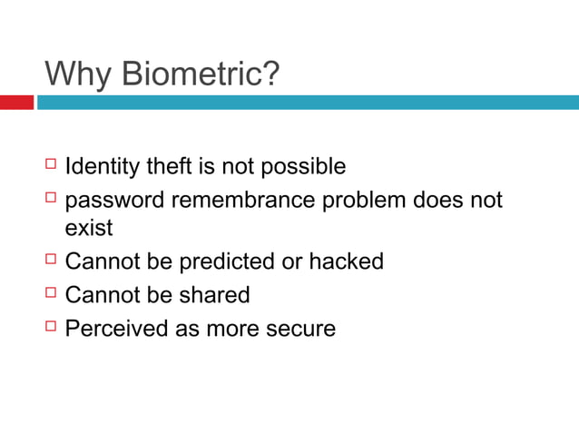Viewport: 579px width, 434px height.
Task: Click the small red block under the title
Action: click(x=16, y=103)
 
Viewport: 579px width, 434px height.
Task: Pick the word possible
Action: click(x=303, y=167)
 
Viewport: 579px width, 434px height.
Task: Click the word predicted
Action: click(x=226, y=261)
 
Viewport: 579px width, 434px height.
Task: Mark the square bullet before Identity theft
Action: click(x=50, y=165)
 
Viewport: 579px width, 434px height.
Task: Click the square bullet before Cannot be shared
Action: click(x=50, y=293)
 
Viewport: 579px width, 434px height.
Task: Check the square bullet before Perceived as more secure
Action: click(x=50, y=326)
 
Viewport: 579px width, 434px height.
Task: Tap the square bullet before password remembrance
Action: click(x=50, y=198)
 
